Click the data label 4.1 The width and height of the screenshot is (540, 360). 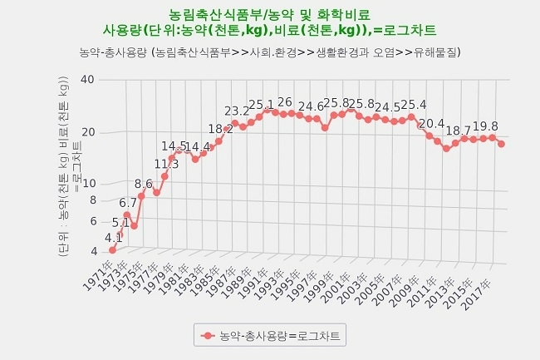click(x=114, y=238)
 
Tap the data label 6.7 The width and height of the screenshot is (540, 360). click(x=128, y=203)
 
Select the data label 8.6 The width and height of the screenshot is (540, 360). click(x=144, y=184)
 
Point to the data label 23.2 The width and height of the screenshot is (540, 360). click(x=237, y=111)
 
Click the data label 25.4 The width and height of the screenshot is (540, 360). click(x=413, y=105)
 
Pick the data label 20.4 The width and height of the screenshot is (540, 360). click(x=431, y=124)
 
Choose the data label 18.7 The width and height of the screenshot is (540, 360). click(x=458, y=131)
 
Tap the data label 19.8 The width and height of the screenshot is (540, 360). click(x=485, y=126)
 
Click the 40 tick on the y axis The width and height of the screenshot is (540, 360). click(x=88, y=80)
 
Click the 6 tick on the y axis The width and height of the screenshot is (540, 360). click(x=92, y=221)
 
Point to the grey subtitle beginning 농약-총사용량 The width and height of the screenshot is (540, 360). click(x=269, y=52)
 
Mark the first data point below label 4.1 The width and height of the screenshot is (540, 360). click(x=113, y=249)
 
